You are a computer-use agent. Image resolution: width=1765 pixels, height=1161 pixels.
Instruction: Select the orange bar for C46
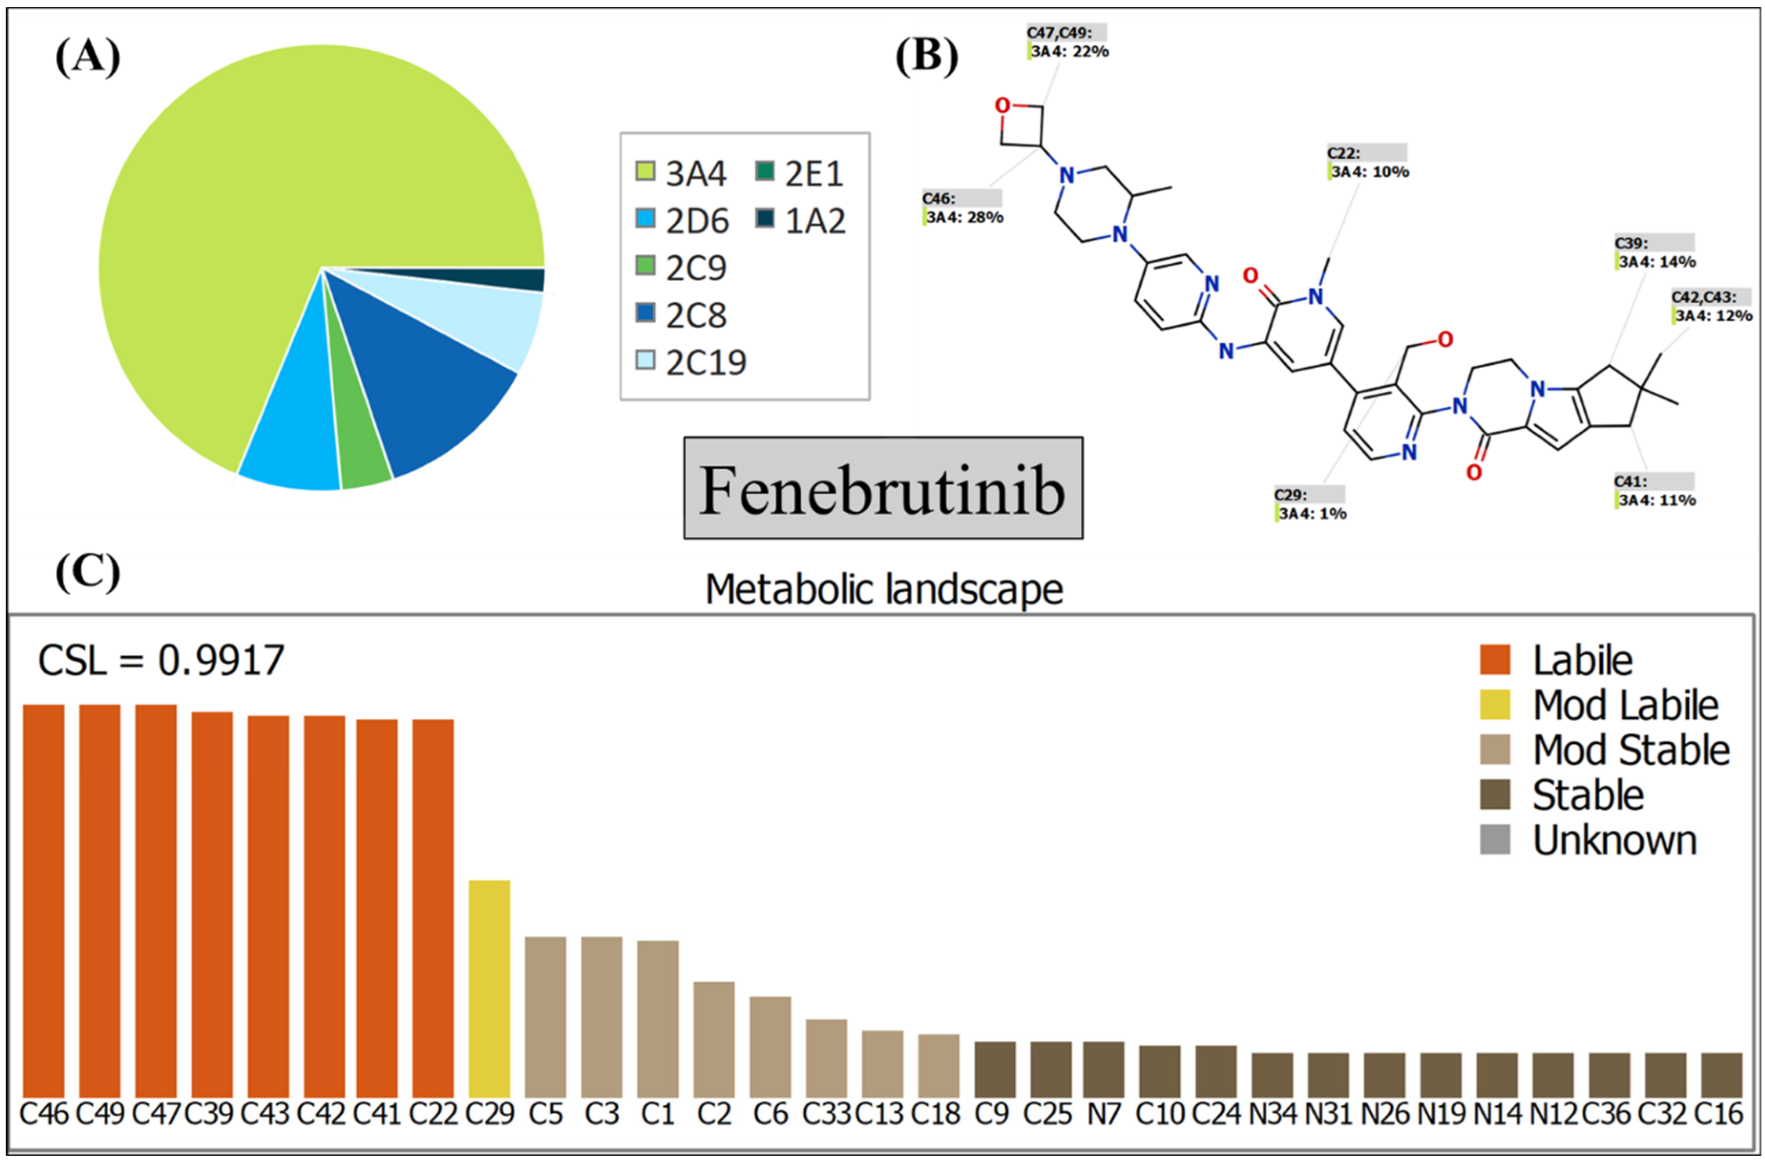(x=44, y=901)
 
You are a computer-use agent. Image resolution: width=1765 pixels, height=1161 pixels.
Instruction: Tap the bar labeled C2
(x=714, y=1039)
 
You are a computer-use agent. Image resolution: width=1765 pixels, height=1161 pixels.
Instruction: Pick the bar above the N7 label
(x=1104, y=1069)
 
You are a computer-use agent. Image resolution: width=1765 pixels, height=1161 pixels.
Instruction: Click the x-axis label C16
(x=1720, y=1114)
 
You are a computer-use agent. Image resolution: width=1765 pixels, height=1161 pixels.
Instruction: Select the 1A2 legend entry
(x=801, y=220)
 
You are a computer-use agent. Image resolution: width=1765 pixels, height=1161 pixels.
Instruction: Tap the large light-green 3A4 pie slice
(x=282, y=185)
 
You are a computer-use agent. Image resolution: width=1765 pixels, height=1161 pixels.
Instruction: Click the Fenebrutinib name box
(x=882, y=488)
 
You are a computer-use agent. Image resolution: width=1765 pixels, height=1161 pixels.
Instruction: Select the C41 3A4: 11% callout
(x=1655, y=491)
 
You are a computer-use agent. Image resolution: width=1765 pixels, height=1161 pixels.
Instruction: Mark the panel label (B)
(x=926, y=58)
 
